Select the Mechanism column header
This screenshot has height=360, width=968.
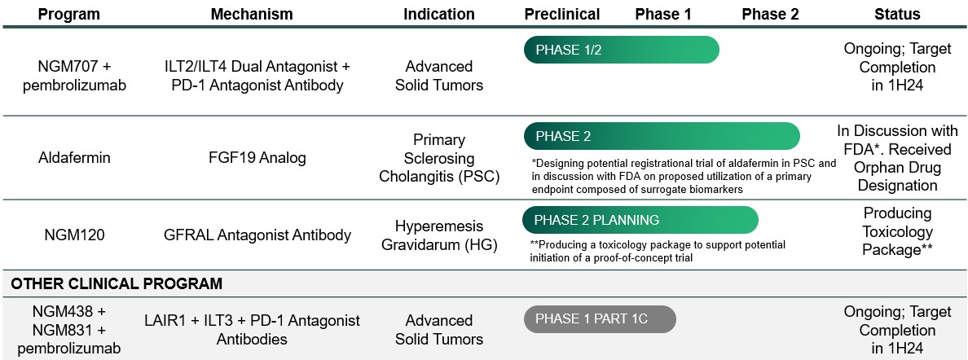(252, 14)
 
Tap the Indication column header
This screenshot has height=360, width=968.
(439, 14)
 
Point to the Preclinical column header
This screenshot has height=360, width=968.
(562, 14)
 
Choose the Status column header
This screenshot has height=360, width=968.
(897, 14)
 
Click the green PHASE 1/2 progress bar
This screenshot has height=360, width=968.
(622, 50)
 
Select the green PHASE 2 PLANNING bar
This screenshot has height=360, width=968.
(640, 220)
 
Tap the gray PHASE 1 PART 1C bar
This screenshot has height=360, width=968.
(600, 319)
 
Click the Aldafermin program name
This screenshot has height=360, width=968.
(74, 157)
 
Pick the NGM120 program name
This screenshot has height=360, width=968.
(74, 235)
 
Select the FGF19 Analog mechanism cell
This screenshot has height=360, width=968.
(257, 157)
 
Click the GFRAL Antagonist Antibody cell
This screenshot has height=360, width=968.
(257, 235)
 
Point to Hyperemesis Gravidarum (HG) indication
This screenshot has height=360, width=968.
(439, 235)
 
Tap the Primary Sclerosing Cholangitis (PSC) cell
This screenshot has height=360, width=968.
(439, 158)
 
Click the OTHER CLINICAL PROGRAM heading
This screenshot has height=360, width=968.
(117, 284)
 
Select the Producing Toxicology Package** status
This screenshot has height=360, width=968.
(897, 231)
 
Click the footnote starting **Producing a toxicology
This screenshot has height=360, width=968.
(658, 252)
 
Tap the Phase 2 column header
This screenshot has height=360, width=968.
(770, 14)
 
